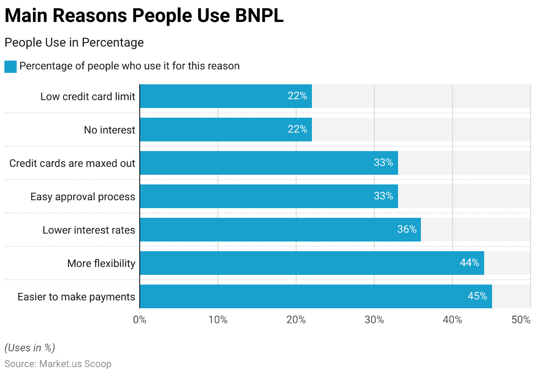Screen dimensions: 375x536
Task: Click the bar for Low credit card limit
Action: (226, 96)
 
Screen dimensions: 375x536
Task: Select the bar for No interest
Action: (226, 130)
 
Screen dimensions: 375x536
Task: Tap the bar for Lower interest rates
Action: (280, 230)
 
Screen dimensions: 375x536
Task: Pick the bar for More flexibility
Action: (312, 263)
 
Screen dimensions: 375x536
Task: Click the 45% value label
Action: (477, 296)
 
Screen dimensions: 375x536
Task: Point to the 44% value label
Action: (469, 263)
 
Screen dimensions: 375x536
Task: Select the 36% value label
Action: (407, 230)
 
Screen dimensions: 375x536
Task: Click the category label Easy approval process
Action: (83, 197)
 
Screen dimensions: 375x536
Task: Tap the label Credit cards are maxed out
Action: (72, 163)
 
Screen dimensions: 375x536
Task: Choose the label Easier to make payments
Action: (76, 297)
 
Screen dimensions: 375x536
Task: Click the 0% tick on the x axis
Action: (140, 320)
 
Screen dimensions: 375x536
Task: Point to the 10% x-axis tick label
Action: (217, 320)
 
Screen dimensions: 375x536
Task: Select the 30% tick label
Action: (374, 320)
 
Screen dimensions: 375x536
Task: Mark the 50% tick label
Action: (521, 320)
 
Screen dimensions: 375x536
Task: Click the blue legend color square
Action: (11, 66)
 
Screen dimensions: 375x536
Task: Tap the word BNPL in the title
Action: (259, 16)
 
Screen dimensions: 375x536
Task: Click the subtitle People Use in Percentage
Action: (74, 43)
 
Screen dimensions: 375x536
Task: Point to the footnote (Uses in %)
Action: (29, 348)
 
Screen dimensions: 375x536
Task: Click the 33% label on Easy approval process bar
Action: (383, 196)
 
